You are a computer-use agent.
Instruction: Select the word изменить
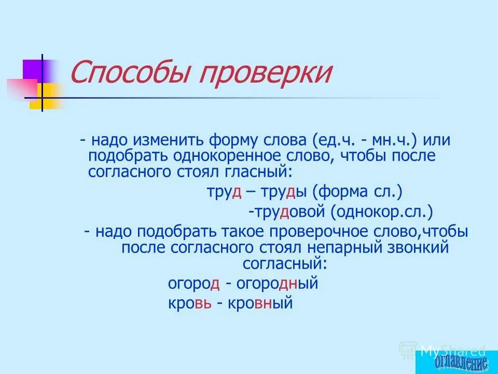(172, 140)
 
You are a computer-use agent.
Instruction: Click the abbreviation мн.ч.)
(400, 140)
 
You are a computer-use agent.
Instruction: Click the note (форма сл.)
(357, 193)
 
